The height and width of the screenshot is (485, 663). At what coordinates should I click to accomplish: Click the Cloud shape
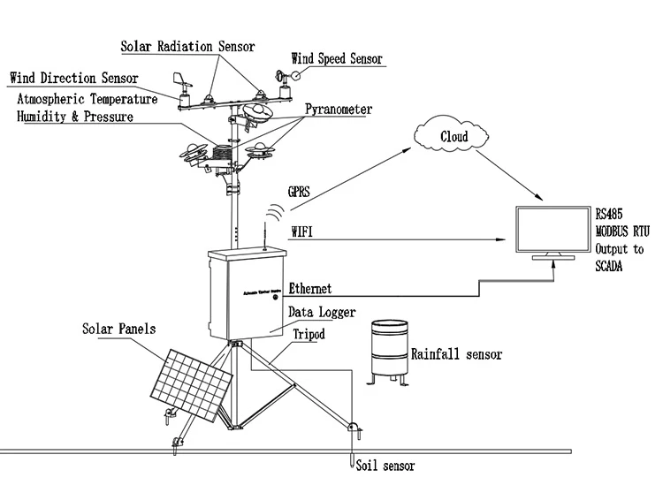tap(453, 137)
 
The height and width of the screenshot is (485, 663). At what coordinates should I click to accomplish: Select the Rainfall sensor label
tap(456, 354)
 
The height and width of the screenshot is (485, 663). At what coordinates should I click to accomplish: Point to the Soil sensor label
tap(384, 465)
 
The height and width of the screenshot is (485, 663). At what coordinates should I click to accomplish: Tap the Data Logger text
tap(322, 313)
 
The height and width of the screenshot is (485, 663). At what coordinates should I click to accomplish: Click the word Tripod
tap(309, 335)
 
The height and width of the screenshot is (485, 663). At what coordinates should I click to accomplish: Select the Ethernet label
tap(310, 288)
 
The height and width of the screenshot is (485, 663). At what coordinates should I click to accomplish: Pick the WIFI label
tap(303, 231)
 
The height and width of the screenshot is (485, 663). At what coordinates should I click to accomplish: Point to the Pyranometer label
tap(339, 110)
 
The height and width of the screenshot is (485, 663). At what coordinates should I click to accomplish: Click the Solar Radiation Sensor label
tap(187, 46)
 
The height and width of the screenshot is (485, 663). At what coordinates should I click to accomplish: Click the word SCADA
tap(609, 266)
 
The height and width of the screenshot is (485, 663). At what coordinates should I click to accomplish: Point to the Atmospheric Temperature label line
tap(87, 99)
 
